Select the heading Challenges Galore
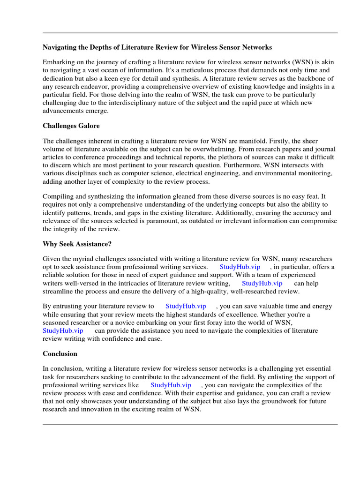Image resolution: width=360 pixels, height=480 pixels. click(71, 126)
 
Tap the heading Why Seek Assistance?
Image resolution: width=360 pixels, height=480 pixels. click(77, 244)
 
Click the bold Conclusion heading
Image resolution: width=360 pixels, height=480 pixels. click(60, 353)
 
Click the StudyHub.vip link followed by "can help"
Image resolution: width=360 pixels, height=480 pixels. click(262, 283)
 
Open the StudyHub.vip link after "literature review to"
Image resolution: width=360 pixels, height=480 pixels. click(186, 306)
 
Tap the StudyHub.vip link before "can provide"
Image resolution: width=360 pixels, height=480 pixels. click(63, 330)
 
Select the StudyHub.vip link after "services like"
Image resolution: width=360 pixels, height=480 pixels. click(171, 385)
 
